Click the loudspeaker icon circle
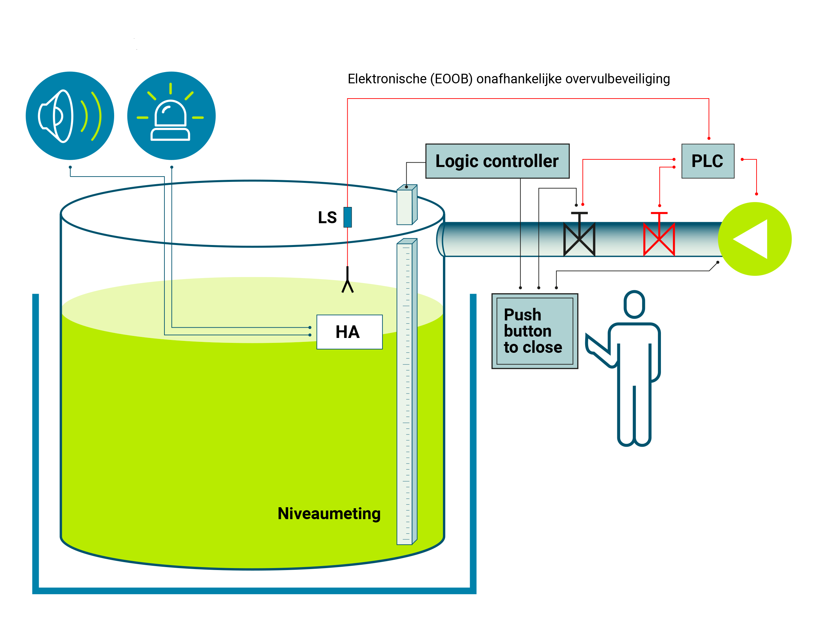click(x=70, y=116)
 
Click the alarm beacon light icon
click(x=171, y=116)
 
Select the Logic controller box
click(x=497, y=161)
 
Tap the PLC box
click(x=708, y=161)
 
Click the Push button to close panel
click(x=535, y=331)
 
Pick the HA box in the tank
click(x=350, y=332)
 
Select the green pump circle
click(x=755, y=239)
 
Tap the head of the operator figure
click(x=634, y=304)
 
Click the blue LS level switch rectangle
click(x=348, y=217)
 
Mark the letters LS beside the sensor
click(x=327, y=218)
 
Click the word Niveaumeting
click(x=329, y=514)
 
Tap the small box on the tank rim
click(x=407, y=205)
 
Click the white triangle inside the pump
click(x=750, y=239)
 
